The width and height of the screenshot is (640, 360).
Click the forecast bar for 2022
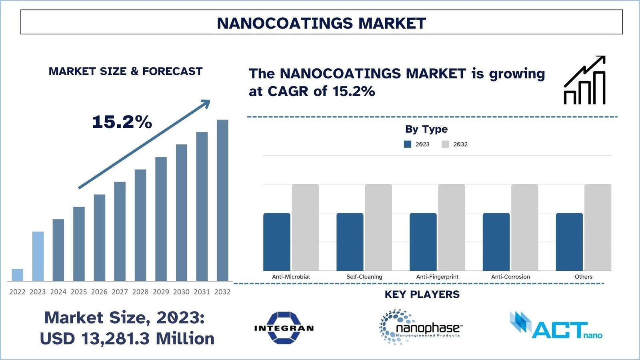point(17,275)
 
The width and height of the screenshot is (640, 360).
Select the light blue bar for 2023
point(38,256)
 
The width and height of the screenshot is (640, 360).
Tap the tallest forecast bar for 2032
point(222,200)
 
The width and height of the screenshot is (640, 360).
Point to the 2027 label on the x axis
point(120,292)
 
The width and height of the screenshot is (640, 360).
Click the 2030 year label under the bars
point(181,292)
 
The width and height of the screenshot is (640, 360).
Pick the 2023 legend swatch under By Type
point(408,144)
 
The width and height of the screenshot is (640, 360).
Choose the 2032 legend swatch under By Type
point(445,144)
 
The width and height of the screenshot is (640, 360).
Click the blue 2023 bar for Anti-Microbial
point(277,242)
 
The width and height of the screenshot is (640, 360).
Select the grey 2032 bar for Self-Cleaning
point(378,227)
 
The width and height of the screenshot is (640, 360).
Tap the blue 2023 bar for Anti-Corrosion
point(496,242)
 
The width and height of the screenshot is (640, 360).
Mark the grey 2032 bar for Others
point(598,227)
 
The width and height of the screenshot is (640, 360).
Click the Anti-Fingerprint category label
point(437,277)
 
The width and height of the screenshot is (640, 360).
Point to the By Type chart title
point(426,129)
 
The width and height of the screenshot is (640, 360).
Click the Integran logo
point(284,328)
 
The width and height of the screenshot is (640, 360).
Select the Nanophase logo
point(420,327)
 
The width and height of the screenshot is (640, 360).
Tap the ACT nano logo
point(556,326)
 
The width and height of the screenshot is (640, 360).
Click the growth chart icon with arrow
point(585,80)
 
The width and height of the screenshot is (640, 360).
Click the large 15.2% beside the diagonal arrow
point(122,122)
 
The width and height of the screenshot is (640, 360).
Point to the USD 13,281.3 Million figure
point(127,339)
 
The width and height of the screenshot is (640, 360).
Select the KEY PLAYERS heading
point(422,295)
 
